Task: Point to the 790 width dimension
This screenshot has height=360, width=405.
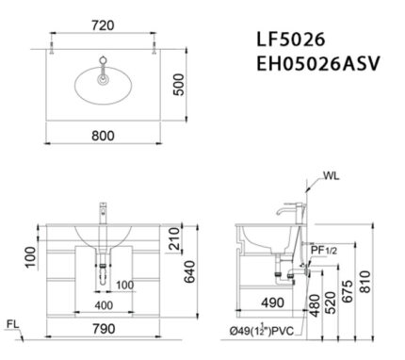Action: tap(104, 329)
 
